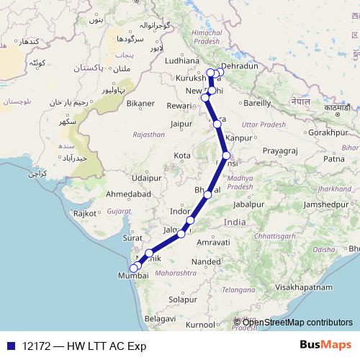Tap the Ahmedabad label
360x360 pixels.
128,194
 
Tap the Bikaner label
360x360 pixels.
140,103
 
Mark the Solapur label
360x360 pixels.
183,298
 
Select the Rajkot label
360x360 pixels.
85,213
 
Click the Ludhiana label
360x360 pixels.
186,61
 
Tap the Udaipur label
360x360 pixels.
145,176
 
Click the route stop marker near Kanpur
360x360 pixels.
217,125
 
